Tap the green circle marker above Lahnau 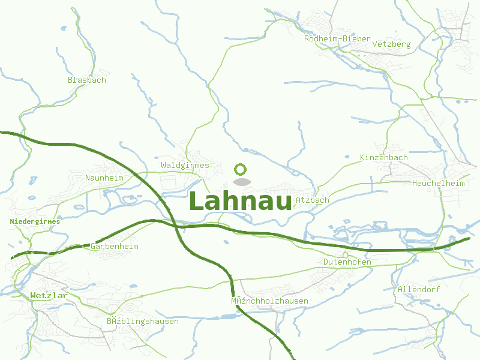pos(241,169)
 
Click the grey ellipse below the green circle pos(241,182)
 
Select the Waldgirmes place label pos(185,165)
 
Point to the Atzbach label pos(312,200)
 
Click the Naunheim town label pos(104,178)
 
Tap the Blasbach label pos(87,80)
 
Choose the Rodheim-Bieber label pos(337,38)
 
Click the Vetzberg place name pos(391,44)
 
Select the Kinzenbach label pos(383,157)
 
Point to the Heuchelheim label pos(439,183)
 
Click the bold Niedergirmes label pos(35,221)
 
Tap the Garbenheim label pos(115,247)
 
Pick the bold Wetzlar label pos(49,295)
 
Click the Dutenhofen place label pos(347,262)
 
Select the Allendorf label pos(419,289)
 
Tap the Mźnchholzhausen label pos(269,301)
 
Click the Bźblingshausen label pos(142,321)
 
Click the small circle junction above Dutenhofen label pos(346,254)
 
